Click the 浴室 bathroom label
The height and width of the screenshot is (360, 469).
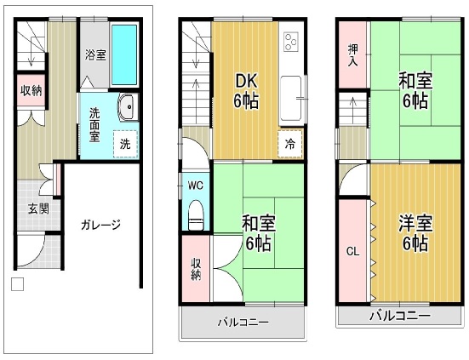(x=95, y=54)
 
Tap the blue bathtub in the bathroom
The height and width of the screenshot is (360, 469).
(x=123, y=54)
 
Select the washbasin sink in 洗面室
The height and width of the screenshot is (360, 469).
(x=129, y=107)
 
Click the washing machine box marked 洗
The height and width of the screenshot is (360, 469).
(x=125, y=144)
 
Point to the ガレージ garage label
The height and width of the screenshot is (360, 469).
(x=100, y=225)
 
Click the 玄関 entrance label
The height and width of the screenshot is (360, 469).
(x=38, y=209)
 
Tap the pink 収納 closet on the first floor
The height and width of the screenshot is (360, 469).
(x=31, y=90)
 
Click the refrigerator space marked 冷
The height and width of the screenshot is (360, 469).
(x=290, y=144)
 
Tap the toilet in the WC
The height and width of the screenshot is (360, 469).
(x=196, y=215)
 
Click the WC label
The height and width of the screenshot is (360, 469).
(x=195, y=186)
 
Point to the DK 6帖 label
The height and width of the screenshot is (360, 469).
(x=246, y=91)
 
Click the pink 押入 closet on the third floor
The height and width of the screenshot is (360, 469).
(x=352, y=54)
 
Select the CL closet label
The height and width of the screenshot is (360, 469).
(x=352, y=252)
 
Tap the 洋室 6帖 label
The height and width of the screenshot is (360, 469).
(x=415, y=232)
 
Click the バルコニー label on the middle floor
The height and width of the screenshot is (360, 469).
(x=243, y=323)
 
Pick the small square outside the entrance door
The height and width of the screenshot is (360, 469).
(x=17, y=284)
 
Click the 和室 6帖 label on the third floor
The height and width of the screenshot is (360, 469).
(x=415, y=91)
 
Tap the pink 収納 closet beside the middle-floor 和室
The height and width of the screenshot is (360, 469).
(x=196, y=268)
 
